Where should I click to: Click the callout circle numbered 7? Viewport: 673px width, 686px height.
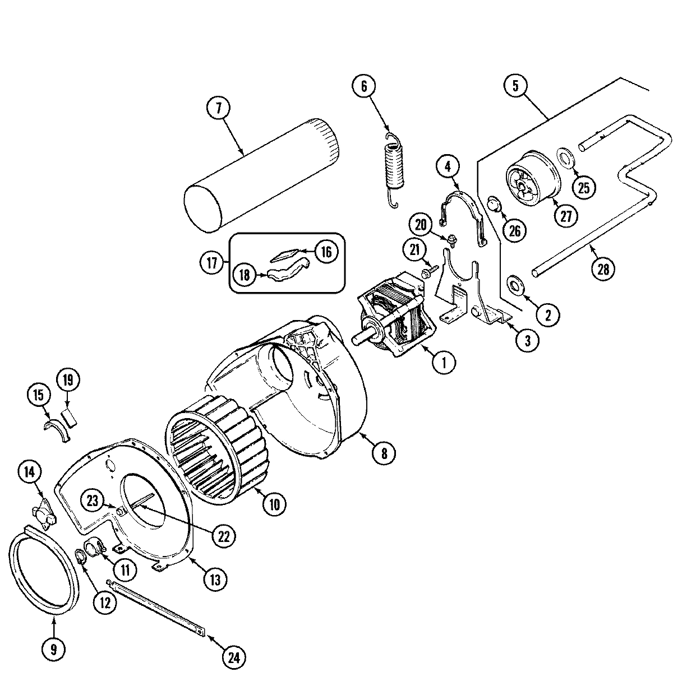(218, 108)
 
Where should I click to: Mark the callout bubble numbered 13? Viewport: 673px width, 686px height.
(216, 580)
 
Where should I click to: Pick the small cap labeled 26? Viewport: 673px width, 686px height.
(493, 205)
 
